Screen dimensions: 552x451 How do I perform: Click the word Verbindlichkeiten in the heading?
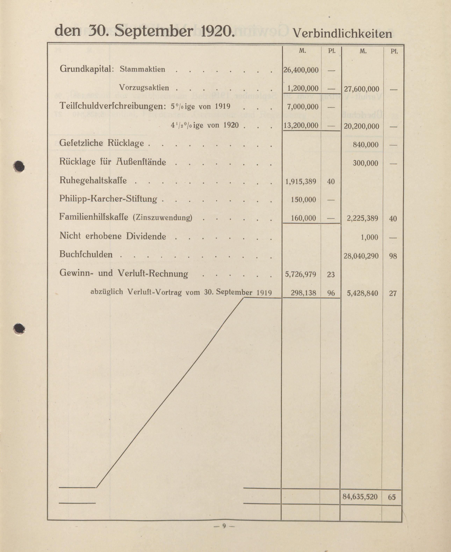coord(342,34)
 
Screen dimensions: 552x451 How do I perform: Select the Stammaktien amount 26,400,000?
coord(301,70)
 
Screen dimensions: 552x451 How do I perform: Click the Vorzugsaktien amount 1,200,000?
coord(303,89)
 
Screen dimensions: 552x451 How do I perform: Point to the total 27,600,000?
coord(361,89)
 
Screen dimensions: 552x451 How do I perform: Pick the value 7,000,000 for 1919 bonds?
coord(303,107)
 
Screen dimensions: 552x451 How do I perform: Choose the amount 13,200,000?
coord(301,126)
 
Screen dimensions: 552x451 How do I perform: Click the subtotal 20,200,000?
coord(361,126)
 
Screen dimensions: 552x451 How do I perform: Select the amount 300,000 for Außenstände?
coord(365,163)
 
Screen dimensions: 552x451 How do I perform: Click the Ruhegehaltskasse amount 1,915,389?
coord(301,181)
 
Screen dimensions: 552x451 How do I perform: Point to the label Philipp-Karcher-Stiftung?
coord(108,199)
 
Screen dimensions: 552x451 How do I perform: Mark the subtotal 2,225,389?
coord(362,218)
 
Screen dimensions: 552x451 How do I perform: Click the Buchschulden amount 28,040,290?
coord(361,256)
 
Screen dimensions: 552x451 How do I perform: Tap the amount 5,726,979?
coord(301,274)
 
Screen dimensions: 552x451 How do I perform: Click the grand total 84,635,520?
coord(360,497)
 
